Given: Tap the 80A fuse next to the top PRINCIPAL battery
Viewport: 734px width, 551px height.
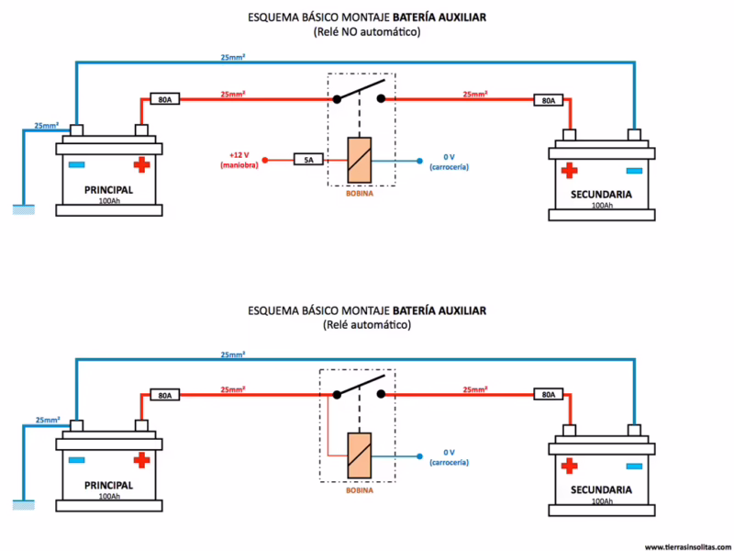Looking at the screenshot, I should (163, 98).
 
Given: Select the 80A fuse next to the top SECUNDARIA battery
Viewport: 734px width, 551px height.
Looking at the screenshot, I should (548, 100).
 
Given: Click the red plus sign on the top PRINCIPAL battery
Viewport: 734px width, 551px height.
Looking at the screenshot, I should (140, 164).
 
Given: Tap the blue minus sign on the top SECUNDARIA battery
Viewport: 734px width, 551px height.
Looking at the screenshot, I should (634, 171).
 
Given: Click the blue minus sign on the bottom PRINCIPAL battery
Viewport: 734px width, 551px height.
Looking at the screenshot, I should (76, 460).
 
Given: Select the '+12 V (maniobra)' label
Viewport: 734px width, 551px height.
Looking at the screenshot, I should (240, 160).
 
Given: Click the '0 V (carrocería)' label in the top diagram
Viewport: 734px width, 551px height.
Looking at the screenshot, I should (449, 162).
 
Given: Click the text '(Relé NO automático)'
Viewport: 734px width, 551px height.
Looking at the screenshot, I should (367, 32).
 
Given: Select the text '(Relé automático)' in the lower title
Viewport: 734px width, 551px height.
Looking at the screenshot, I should (367, 325).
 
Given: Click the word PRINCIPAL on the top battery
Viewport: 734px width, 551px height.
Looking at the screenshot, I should (108, 189).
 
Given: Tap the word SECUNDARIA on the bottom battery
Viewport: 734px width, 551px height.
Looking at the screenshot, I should (602, 490).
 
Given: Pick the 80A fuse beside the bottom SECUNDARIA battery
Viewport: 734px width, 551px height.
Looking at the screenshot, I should (548, 395).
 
